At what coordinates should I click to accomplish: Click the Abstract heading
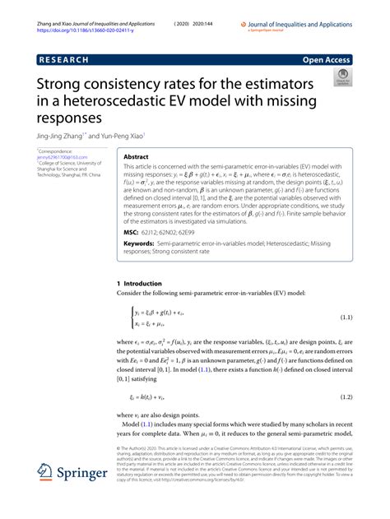click(136, 155)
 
